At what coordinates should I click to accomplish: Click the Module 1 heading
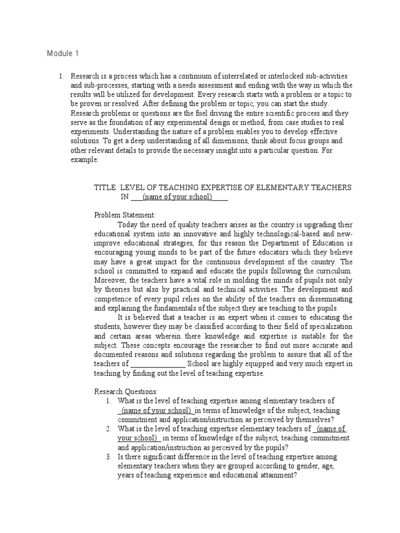63,53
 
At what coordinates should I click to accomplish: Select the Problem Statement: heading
124,214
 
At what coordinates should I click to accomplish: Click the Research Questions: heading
126,391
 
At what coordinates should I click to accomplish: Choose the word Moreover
111,281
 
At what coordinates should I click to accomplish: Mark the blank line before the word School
157,364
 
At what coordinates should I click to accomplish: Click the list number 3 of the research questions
108,457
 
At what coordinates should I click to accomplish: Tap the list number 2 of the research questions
108,429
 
